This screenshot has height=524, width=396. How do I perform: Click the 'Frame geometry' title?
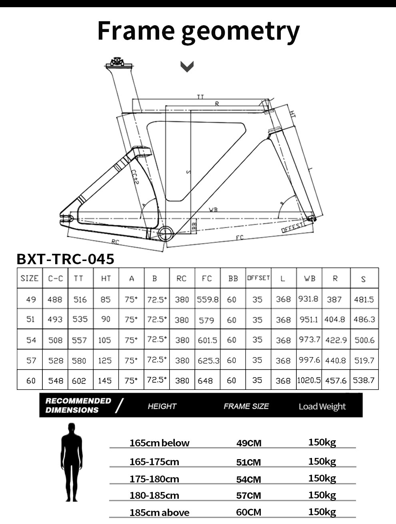click(198, 31)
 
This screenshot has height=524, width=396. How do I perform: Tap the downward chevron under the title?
click(187, 66)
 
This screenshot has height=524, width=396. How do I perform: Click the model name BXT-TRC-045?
click(66, 259)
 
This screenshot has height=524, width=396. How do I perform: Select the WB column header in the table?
click(309, 278)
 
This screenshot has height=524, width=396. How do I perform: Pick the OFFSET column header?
click(258, 278)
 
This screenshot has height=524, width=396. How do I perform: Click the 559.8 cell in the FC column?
click(208, 299)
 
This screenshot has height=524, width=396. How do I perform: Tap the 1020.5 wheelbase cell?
click(309, 380)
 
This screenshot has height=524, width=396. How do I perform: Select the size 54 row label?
click(31, 340)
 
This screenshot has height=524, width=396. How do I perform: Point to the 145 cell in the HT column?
click(105, 381)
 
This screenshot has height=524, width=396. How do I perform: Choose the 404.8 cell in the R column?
click(335, 319)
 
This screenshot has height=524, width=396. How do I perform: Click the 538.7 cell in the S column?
click(364, 380)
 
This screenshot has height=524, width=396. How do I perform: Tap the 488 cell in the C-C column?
click(55, 299)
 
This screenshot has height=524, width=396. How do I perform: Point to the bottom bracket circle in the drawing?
click(166, 233)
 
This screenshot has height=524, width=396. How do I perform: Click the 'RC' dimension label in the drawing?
click(115, 242)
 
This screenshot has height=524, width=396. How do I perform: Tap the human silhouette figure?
click(72, 462)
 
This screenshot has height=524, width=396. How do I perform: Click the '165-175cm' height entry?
click(154, 462)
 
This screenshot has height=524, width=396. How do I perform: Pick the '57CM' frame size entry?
click(248, 496)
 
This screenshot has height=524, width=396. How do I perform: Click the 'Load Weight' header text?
click(322, 406)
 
